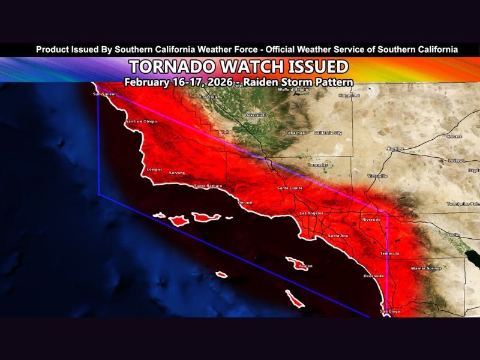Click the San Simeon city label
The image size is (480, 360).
104,94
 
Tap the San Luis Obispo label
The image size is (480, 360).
141,122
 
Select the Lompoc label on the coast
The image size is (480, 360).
155,170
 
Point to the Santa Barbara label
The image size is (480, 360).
208,186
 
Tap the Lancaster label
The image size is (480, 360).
317,164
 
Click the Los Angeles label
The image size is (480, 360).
312,214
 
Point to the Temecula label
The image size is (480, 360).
389,254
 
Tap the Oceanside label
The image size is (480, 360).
374,276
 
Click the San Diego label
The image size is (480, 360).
390,312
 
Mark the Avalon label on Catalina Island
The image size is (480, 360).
306,266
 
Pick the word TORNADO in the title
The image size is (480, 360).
175,66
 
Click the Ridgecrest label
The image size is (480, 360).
349,95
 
